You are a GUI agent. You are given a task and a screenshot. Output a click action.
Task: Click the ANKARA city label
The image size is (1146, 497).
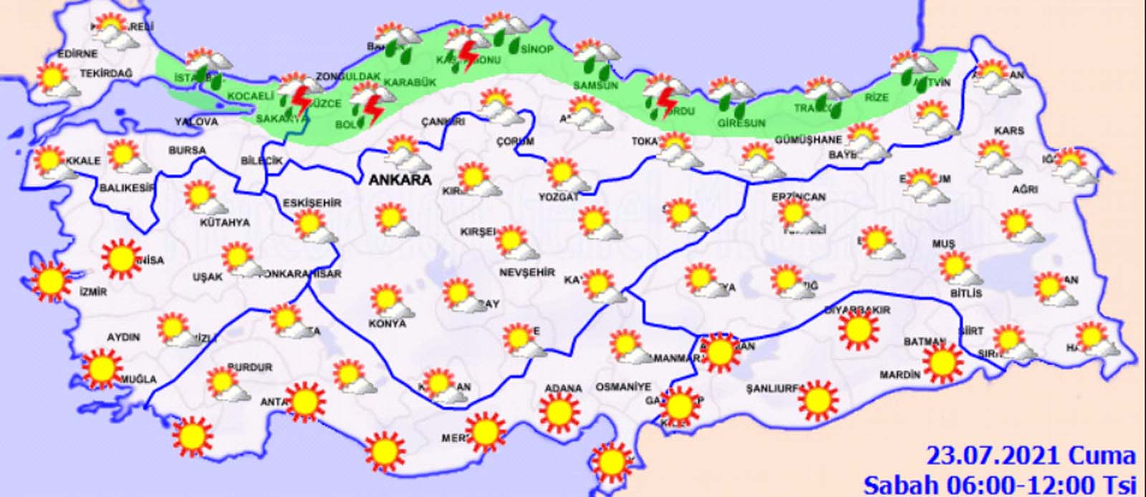(400, 180)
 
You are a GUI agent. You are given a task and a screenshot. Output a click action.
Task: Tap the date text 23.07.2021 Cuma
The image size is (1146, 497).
(1031, 456)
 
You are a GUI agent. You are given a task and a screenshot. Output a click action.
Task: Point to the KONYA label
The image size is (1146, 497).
(387, 323)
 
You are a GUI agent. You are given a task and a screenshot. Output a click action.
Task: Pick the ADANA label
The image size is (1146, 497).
(563, 388)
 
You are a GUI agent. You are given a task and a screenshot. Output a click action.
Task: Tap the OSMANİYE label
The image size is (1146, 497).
(623, 387)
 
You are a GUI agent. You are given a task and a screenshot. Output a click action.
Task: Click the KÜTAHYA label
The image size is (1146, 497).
(224, 223)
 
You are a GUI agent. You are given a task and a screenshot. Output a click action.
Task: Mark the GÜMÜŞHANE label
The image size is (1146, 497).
(808, 140)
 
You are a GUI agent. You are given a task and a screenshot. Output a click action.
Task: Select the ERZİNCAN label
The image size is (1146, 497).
(799, 196)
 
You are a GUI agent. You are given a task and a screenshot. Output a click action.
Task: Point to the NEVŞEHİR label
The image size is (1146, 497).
(527, 273)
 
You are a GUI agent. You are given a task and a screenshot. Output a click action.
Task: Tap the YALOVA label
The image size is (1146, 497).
(196, 122)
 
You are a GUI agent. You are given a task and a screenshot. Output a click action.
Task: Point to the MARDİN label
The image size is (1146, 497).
(899, 375)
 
